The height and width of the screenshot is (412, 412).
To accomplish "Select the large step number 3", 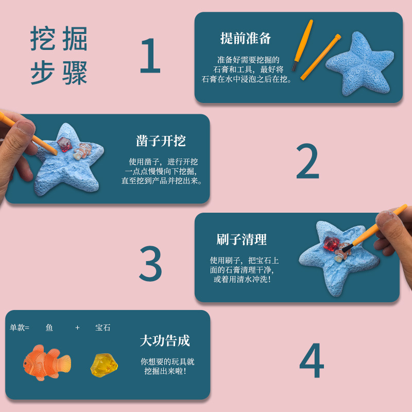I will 150,263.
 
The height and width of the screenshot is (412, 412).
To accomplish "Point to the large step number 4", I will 312,360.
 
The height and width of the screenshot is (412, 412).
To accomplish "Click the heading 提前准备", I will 246,38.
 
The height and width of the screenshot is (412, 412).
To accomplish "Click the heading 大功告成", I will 165,340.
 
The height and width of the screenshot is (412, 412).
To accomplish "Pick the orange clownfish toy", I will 46,362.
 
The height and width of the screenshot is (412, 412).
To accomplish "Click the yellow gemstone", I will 105,364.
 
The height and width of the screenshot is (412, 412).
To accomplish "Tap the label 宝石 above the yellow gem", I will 103,328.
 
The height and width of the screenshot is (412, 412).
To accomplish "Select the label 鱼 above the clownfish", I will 49,328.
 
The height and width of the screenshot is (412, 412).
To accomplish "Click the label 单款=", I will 20,328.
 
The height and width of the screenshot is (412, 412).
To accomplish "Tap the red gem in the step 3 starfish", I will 330,243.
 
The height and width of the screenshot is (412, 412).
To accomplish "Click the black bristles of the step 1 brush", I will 294,66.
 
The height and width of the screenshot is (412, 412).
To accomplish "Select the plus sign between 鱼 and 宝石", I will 77,328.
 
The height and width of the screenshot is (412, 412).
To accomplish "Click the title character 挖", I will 42,39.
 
